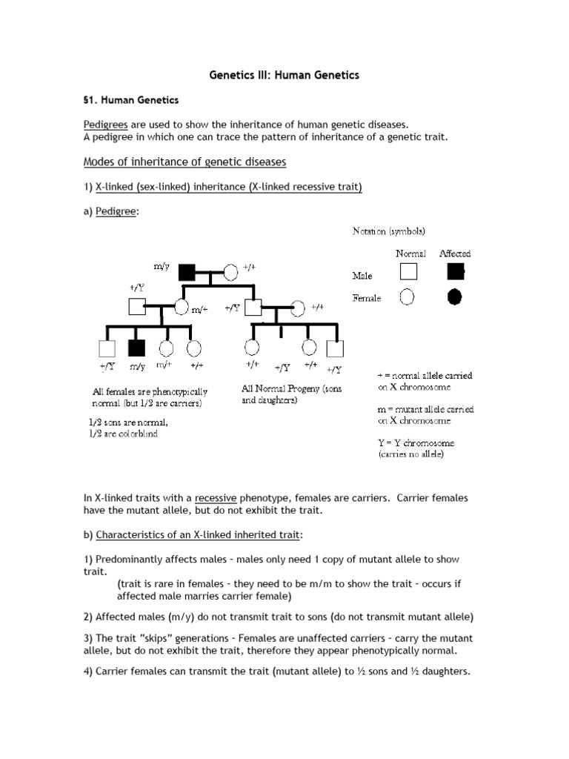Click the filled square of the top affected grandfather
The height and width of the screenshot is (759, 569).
point(186,272)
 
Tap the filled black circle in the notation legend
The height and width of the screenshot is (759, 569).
point(454,296)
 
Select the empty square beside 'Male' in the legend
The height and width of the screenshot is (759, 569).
point(407,272)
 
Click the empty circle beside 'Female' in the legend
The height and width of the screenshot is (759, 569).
point(407,297)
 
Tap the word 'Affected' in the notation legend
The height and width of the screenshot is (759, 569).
point(455,253)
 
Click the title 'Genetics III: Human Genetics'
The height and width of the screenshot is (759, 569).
point(284,76)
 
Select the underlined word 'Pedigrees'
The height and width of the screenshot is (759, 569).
point(106,125)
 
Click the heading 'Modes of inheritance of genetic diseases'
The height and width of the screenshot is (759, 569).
point(184,162)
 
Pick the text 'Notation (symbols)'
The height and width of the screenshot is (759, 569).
point(388,231)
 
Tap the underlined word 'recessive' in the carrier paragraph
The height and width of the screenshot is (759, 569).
point(216,498)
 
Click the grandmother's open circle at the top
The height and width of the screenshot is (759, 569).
point(230,272)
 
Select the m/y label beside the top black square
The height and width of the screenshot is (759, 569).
point(162,266)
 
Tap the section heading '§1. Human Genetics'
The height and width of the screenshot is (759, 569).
point(130,99)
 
